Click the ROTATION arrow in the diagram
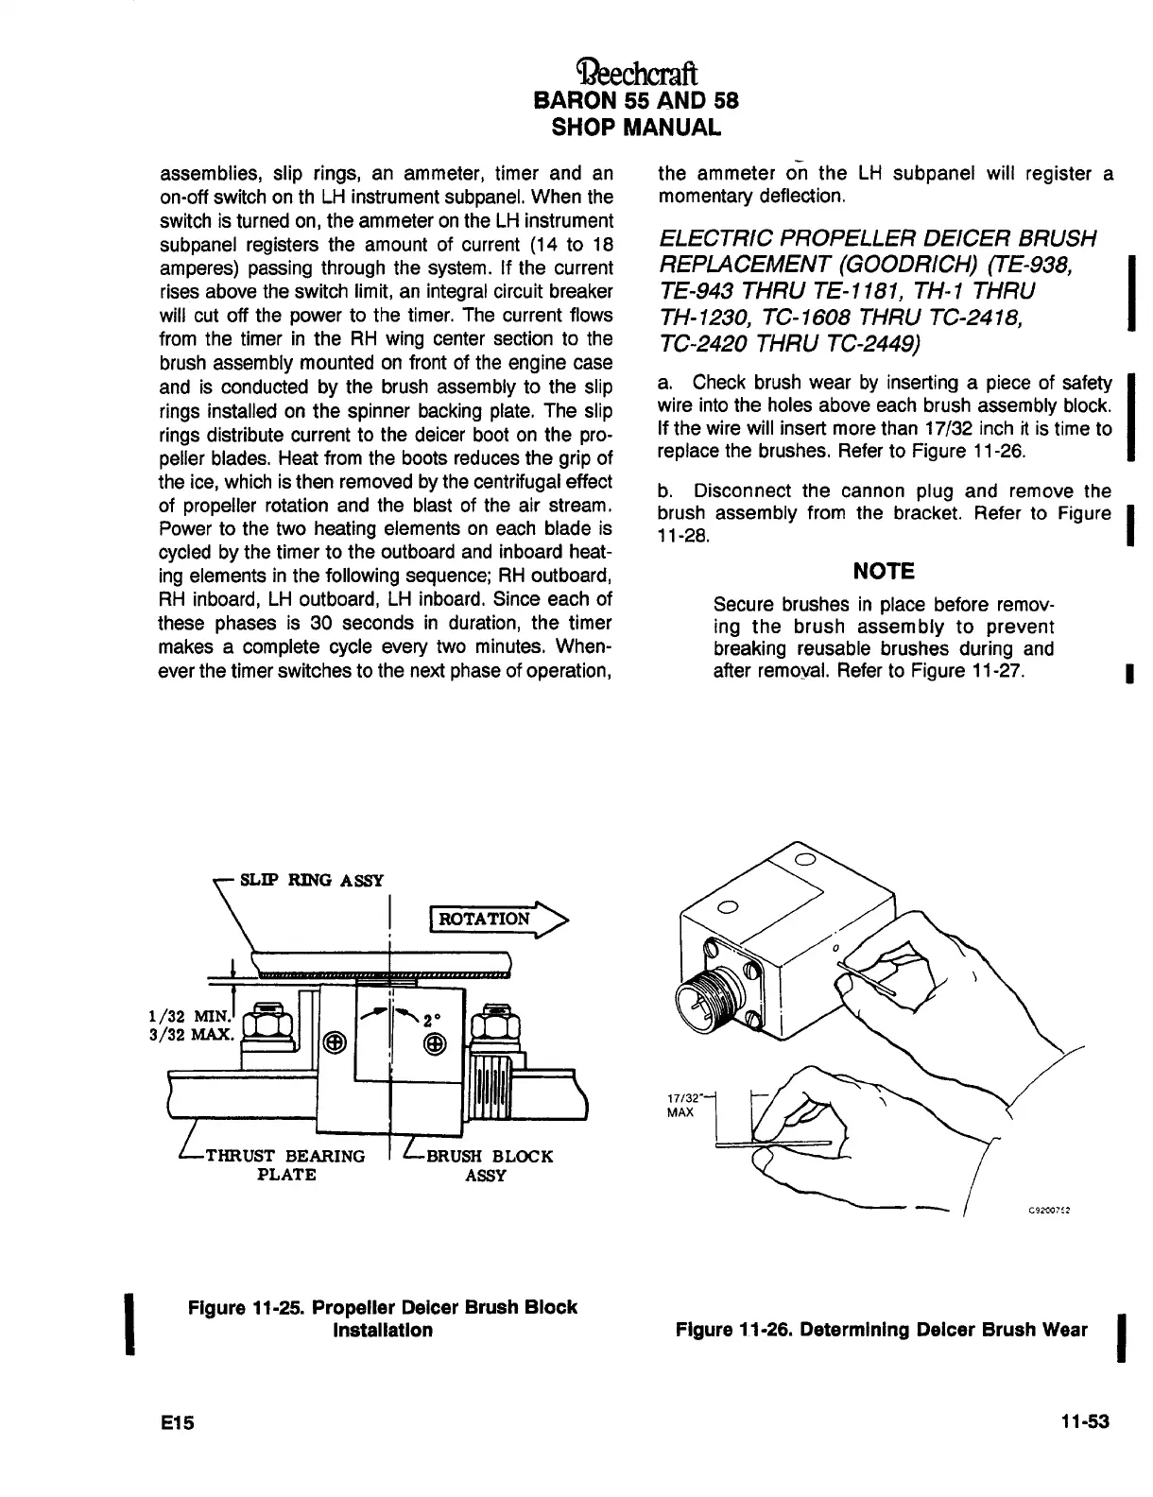point(495,918)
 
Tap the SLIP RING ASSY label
point(312,881)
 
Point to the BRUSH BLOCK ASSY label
point(488,1165)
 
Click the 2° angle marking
point(432,1021)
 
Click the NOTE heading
point(884,571)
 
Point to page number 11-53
point(1083,1422)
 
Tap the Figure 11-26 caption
point(881,1330)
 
